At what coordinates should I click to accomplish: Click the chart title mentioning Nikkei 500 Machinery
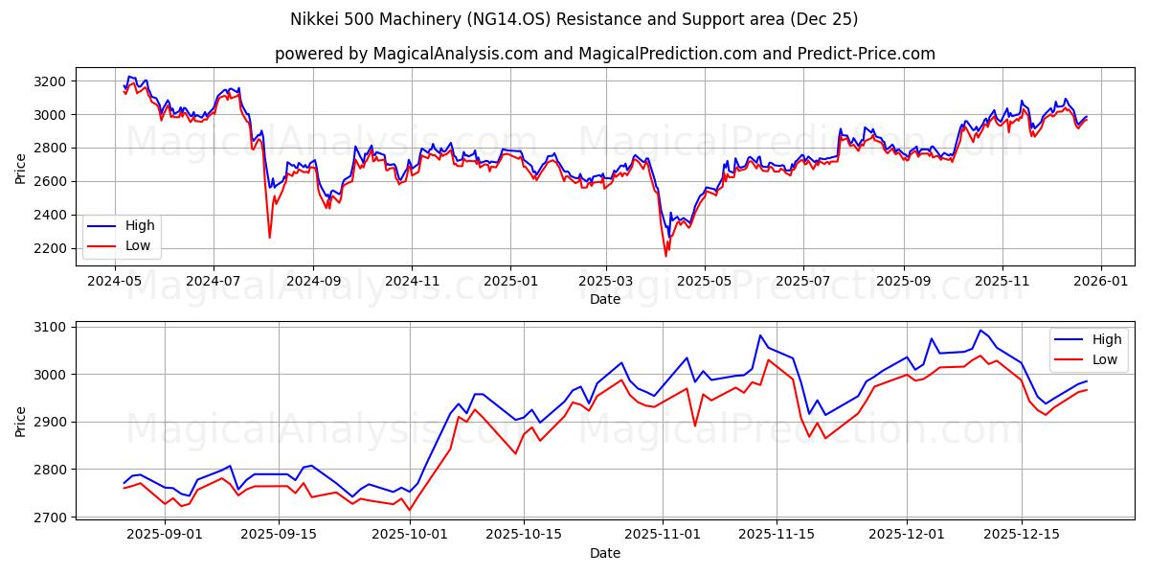(x=574, y=19)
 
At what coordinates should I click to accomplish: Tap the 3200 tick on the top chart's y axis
(x=51, y=81)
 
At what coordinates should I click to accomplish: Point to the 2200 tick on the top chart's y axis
(x=51, y=248)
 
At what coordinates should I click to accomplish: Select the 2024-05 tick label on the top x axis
(x=115, y=282)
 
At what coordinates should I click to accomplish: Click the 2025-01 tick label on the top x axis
(x=509, y=282)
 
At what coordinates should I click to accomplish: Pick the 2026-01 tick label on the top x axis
(x=1100, y=282)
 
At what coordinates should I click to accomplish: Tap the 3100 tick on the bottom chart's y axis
(x=51, y=327)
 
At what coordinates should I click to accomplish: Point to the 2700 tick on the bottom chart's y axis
(x=51, y=517)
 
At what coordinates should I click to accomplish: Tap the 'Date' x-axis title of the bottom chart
(x=604, y=553)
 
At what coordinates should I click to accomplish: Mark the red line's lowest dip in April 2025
(x=666, y=256)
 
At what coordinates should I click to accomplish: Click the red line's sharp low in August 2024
(x=269, y=238)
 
